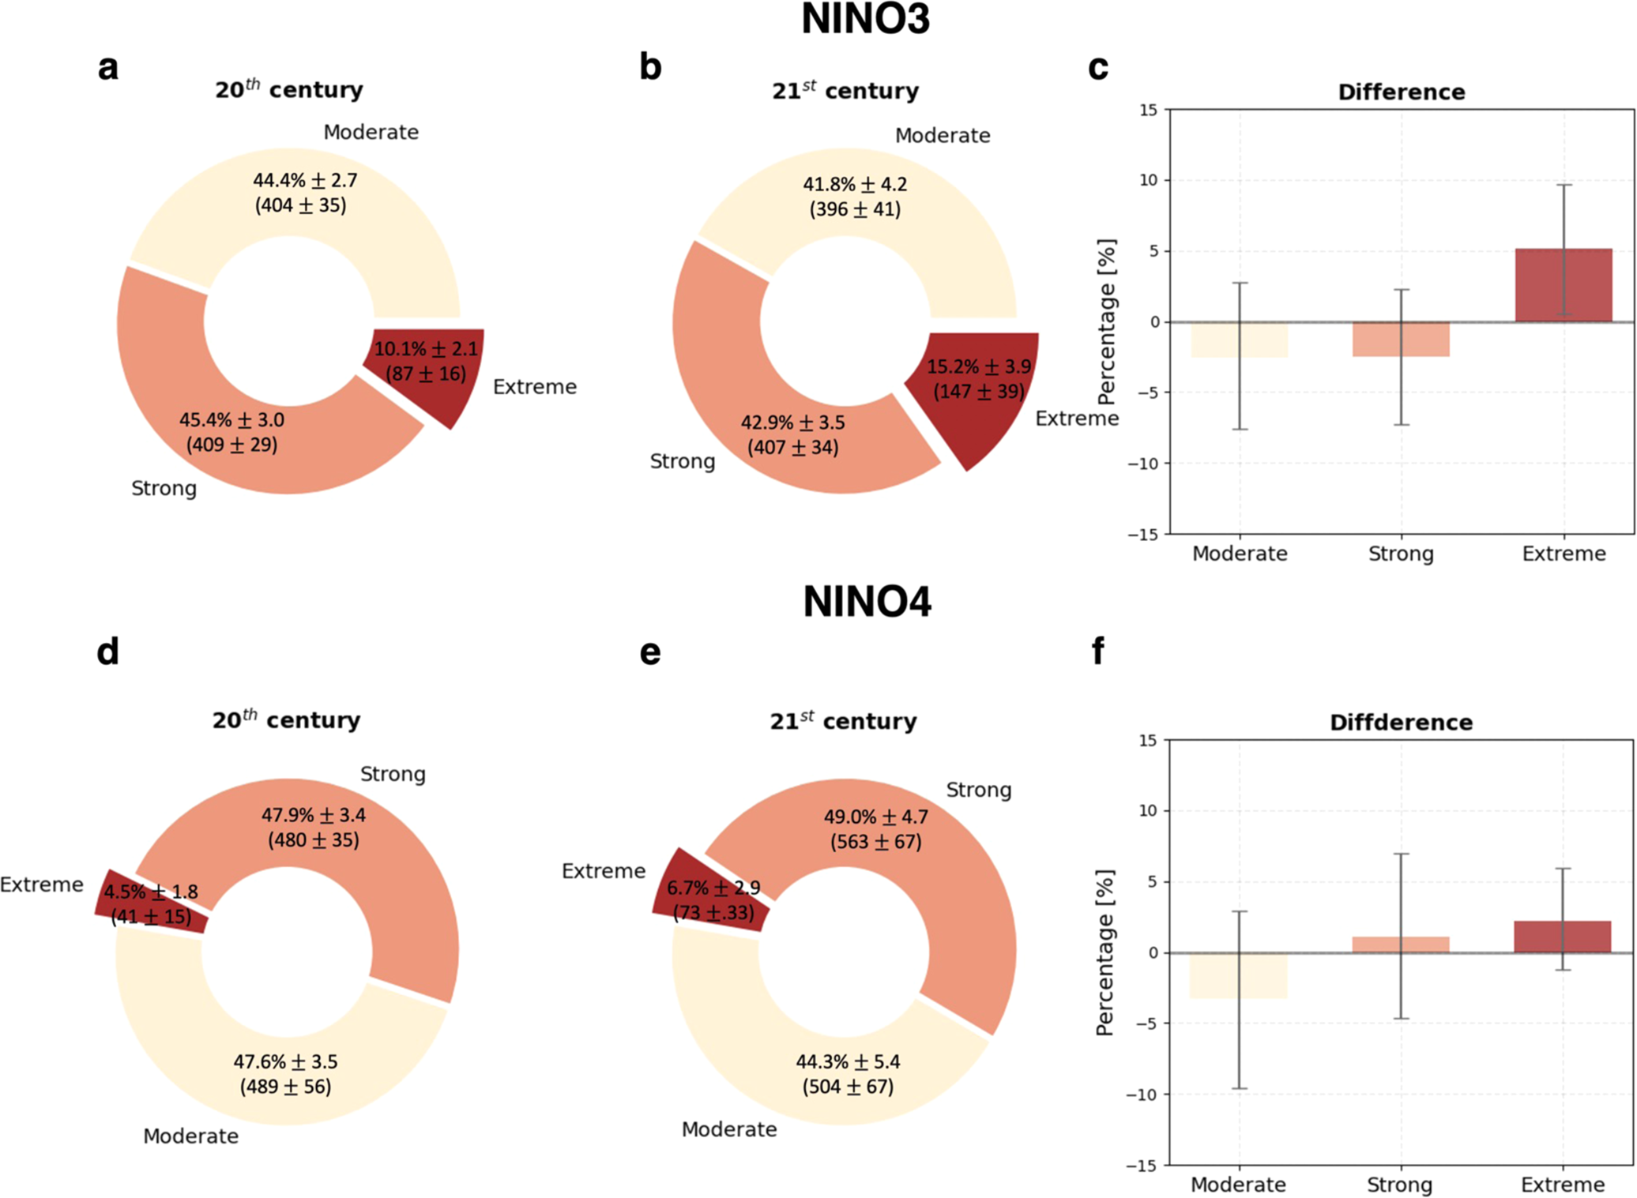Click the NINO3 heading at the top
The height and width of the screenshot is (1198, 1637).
click(865, 19)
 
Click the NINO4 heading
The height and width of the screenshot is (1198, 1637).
click(867, 602)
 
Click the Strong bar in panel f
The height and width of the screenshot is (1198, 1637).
click(1401, 945)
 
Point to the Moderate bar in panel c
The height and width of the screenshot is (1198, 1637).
click(1240, 340)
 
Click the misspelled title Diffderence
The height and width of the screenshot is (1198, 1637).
click(1401, 722)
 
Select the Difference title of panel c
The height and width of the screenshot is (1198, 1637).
click(1401, 92)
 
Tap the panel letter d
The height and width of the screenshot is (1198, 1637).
click(107, 652)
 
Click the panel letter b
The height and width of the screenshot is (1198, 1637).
click(650, 67)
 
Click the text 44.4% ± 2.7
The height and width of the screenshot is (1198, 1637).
click(305, 180)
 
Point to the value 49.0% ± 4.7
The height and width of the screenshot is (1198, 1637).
click(875, 817)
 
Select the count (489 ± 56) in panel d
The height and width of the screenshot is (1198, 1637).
click(285, 1087)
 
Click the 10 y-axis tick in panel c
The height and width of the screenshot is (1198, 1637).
click(1148, 181)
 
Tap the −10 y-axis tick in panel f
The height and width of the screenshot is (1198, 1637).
click(1142, 1095)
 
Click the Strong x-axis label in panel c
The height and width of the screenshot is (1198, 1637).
click(1401, 554)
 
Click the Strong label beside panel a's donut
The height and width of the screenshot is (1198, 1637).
click(164, 488)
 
